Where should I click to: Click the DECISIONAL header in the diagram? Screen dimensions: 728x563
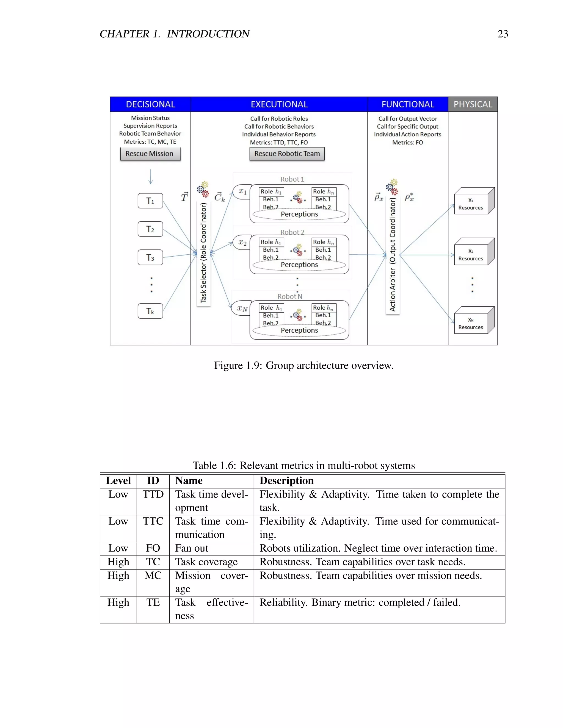[150, 104]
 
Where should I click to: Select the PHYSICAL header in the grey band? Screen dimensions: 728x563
[473, 104]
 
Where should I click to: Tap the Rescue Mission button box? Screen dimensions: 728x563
[150, 154]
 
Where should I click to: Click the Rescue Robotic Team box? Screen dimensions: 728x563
[287, 154]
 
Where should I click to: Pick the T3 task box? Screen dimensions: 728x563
[150, 257]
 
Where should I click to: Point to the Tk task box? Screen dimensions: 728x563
[150, 311]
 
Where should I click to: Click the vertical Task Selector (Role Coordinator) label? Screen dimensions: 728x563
[203, 253]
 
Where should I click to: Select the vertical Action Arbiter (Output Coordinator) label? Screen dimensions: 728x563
[393, 255]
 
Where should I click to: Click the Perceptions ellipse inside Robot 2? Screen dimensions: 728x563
[299, 265]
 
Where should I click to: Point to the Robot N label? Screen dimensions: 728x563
[290, 296]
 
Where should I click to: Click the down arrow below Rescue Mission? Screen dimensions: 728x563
[150, 177]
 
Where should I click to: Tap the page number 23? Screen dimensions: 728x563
[503, 34]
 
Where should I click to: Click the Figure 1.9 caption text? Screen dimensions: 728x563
[303, 365]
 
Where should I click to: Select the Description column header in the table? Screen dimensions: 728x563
[286, 481]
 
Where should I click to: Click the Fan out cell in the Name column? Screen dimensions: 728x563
[192, 548]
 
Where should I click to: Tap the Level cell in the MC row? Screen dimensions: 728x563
[118, 576]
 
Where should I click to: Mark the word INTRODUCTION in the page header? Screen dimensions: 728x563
[208, 34]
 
